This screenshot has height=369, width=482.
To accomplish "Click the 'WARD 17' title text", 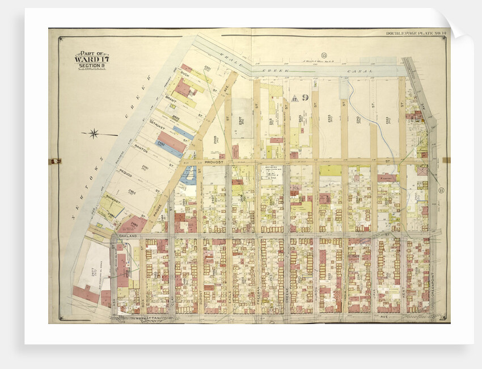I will tap(91, 59).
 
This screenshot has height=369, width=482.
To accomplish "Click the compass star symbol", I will tap(94, 134).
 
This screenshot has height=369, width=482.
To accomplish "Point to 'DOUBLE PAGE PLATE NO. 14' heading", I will tap(416, 33).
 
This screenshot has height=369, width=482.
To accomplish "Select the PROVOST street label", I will tap(216, 162).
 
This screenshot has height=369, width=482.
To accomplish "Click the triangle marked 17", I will tap(295, 98).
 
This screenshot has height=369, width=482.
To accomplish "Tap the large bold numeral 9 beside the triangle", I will tap(305, 98).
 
